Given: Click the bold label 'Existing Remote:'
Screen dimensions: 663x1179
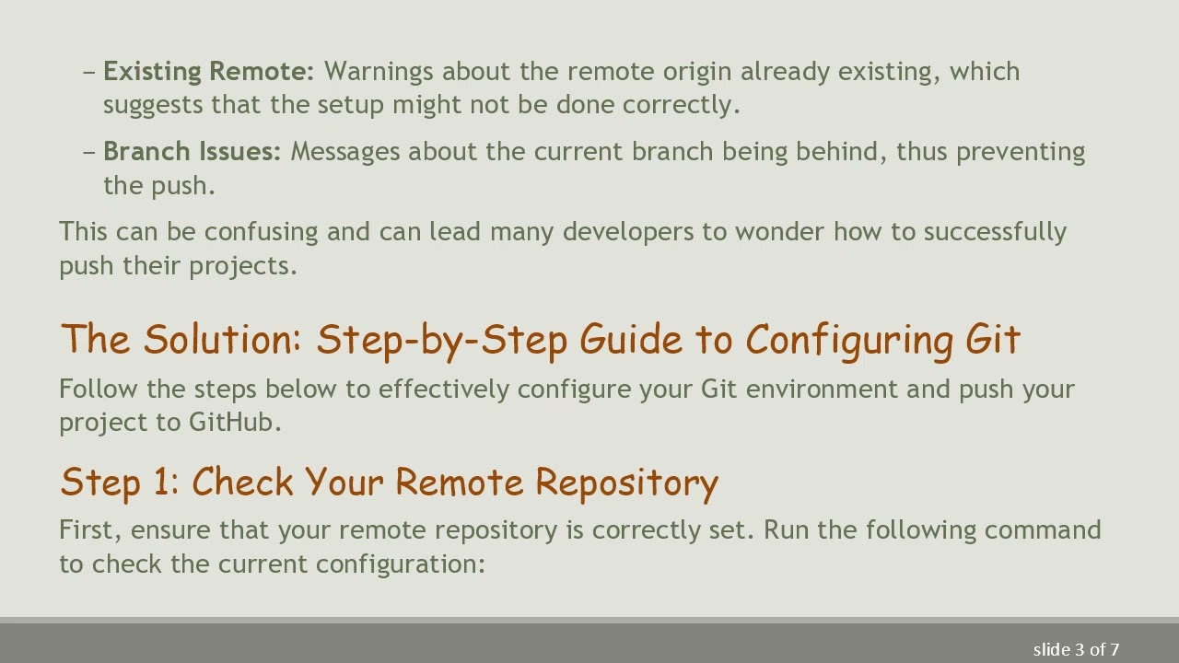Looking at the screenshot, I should [x=208, y=72].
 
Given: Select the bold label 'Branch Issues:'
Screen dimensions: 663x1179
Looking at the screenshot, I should [x=192, y=152].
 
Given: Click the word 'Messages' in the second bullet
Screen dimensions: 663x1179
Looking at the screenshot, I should [x=345, y=152].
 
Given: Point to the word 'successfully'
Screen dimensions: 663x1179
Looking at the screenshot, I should [x=995, y=232].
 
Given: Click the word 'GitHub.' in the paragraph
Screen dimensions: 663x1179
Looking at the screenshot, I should [x=235, y=423].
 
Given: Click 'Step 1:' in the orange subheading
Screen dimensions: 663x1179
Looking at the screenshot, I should [x=120, y=483].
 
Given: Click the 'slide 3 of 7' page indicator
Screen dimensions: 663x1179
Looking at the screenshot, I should [x=1076, y=650].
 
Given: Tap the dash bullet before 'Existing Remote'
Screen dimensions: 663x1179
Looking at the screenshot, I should [x=89, y=72].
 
